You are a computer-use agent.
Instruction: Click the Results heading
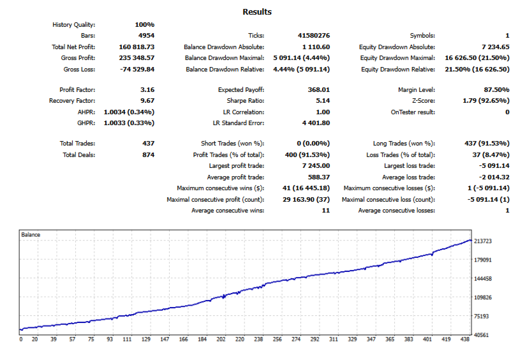(257, 12)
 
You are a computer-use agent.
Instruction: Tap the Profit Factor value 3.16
(147, 90)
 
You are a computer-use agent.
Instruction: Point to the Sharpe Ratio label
(246, 101)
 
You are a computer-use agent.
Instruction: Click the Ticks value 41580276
(314, 36)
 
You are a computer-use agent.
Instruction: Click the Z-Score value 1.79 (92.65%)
(485, 101)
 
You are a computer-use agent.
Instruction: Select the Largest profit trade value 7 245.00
(314, 166)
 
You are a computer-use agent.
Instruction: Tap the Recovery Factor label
(72, 101)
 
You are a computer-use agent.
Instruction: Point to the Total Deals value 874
(147, 154)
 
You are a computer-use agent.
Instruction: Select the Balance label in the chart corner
(31, 235)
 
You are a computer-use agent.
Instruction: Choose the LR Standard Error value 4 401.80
(314, 123)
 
